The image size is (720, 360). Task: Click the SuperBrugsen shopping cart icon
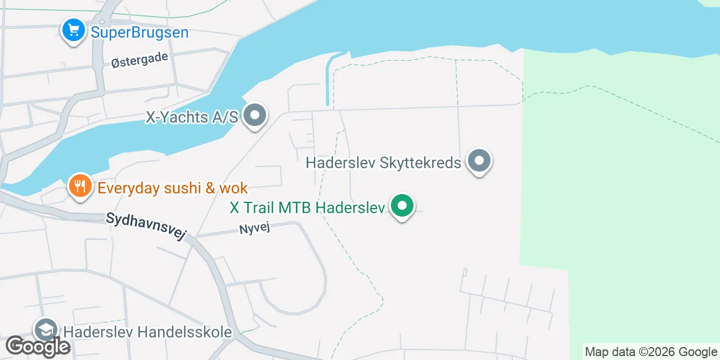(x=73, y=30)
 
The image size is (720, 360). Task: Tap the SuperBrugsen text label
(x=139, y=32)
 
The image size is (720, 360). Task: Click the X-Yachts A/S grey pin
(x=255, y=115)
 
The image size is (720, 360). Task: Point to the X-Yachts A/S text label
(x=192, y=117)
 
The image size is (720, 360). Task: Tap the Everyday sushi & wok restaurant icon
(x=80, y=186)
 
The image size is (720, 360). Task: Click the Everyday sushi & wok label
(x=173, y=187)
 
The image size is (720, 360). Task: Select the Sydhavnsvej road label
(x=146, y=227)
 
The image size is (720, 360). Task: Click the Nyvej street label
(x=255, y=229)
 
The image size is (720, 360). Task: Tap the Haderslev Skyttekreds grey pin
(x=479, y=161)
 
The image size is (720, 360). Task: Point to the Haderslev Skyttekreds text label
(x=383, y=163)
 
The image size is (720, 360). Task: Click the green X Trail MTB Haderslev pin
(x=402, y=206)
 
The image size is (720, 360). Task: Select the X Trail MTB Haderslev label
(x=307, y=208)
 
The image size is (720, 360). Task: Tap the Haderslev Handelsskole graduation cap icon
(x=46, y=330)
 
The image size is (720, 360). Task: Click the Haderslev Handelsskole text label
(x=148, y=332)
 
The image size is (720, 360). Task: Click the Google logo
(x=38, y=346)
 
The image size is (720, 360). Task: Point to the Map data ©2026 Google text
(x=651, y=352)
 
